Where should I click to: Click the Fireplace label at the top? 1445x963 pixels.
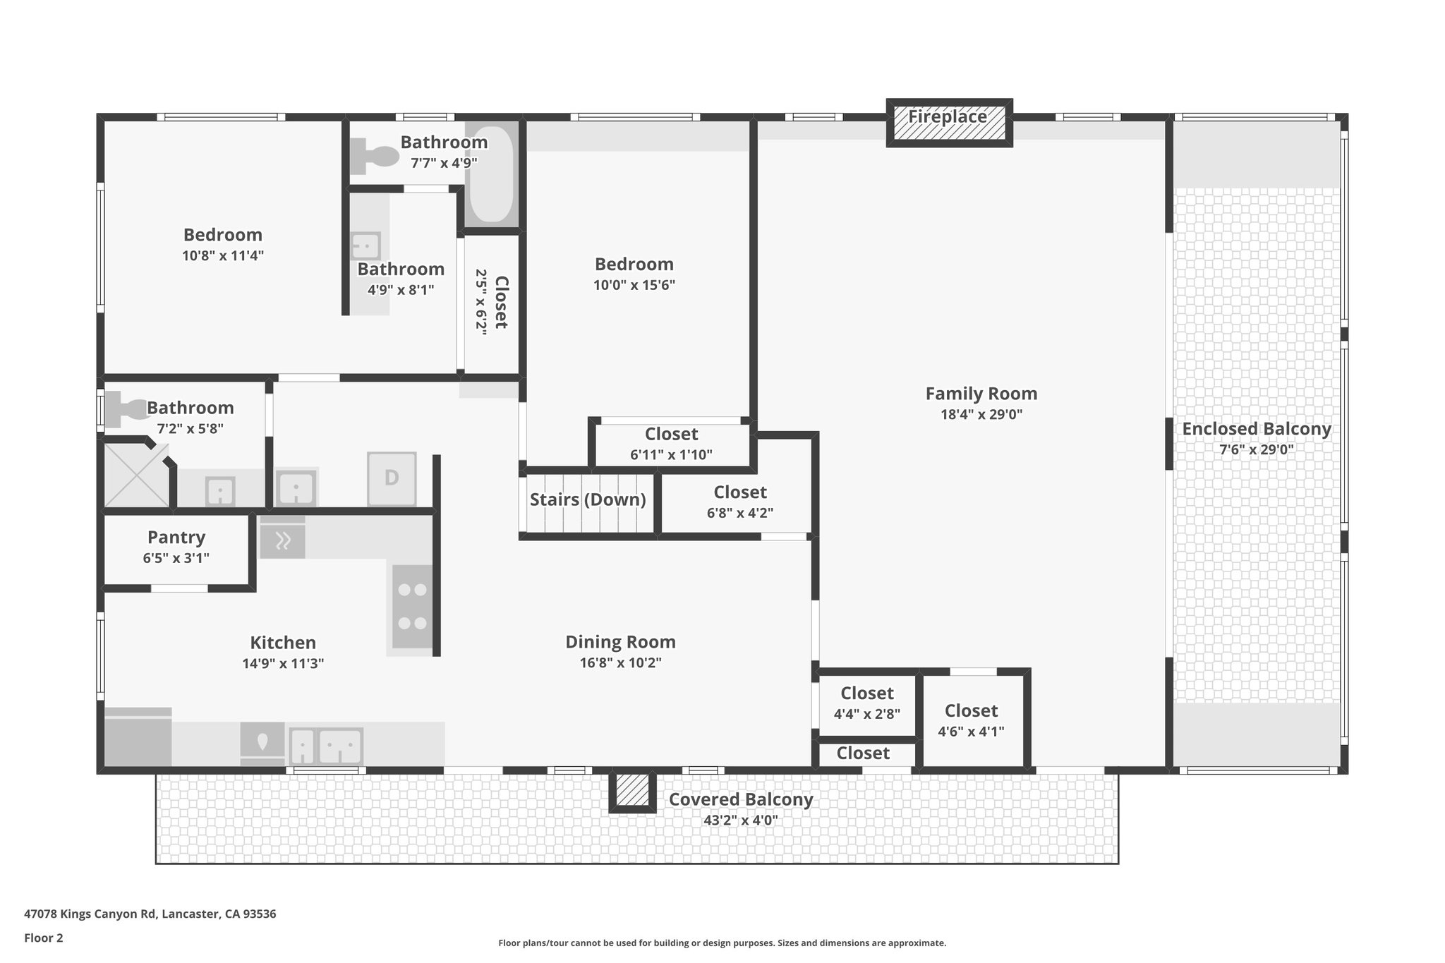point(948,117)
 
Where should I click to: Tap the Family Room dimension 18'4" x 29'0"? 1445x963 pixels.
point(981,415)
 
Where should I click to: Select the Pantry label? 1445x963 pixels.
point(176,538)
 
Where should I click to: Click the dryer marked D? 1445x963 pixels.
point(392,478)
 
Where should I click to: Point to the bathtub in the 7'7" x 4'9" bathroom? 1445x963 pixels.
point(491,174)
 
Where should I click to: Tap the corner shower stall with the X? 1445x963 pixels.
point(135,475)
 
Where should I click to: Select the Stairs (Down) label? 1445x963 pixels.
point(588,499)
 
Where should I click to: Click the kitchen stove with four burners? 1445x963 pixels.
point(412,607)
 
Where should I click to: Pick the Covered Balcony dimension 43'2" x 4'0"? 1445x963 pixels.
point(740,820)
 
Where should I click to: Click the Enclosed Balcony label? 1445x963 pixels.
point(1256,429)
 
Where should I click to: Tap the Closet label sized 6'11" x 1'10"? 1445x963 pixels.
point(671,435)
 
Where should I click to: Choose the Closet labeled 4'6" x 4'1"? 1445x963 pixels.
point(971,711)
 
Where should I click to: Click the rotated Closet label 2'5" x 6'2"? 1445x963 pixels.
point(500,302)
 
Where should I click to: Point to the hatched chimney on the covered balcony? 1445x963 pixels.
point(632,790)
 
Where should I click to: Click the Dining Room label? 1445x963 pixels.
point(620,642)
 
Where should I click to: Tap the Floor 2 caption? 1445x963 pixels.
point(44,938)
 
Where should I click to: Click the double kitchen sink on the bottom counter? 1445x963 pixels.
point(327,746)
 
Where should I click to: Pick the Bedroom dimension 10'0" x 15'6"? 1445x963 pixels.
point(634,286)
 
